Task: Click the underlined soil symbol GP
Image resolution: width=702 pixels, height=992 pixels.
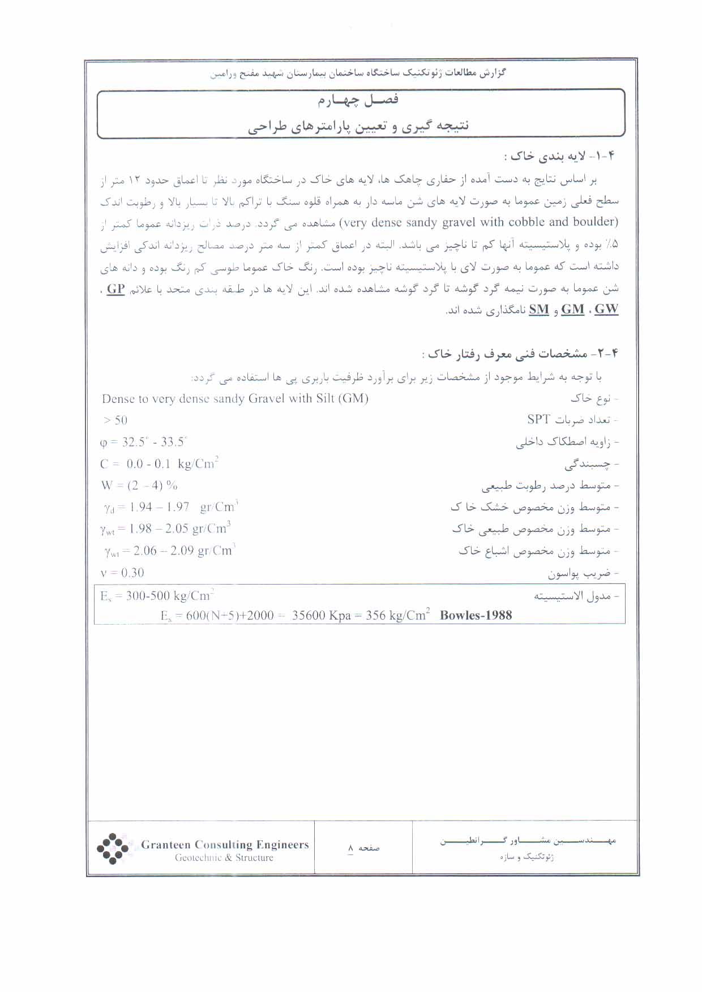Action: [115, 289]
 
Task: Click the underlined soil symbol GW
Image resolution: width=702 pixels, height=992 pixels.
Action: [606, 309]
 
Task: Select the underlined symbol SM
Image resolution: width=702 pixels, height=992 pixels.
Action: [539, 309]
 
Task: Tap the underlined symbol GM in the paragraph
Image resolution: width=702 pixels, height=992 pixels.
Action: [572, 309]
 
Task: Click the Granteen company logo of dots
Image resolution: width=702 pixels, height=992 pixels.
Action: [113, 848]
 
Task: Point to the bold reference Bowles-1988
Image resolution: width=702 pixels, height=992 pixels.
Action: [476, 615]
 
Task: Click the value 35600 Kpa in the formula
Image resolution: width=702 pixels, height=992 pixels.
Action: [321, 616]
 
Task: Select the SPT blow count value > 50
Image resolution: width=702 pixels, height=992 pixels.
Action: [115, 420]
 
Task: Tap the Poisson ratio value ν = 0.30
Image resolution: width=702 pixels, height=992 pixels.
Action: [122, 573]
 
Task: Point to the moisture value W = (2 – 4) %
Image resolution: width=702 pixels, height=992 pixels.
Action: [139, 486]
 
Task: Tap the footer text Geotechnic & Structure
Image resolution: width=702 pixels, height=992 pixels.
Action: [224, 858]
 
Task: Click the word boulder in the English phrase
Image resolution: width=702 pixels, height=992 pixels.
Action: [594, 222]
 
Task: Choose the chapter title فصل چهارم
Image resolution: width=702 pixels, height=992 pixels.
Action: [358, 100]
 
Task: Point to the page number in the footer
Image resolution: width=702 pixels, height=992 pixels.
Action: [351, 848]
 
